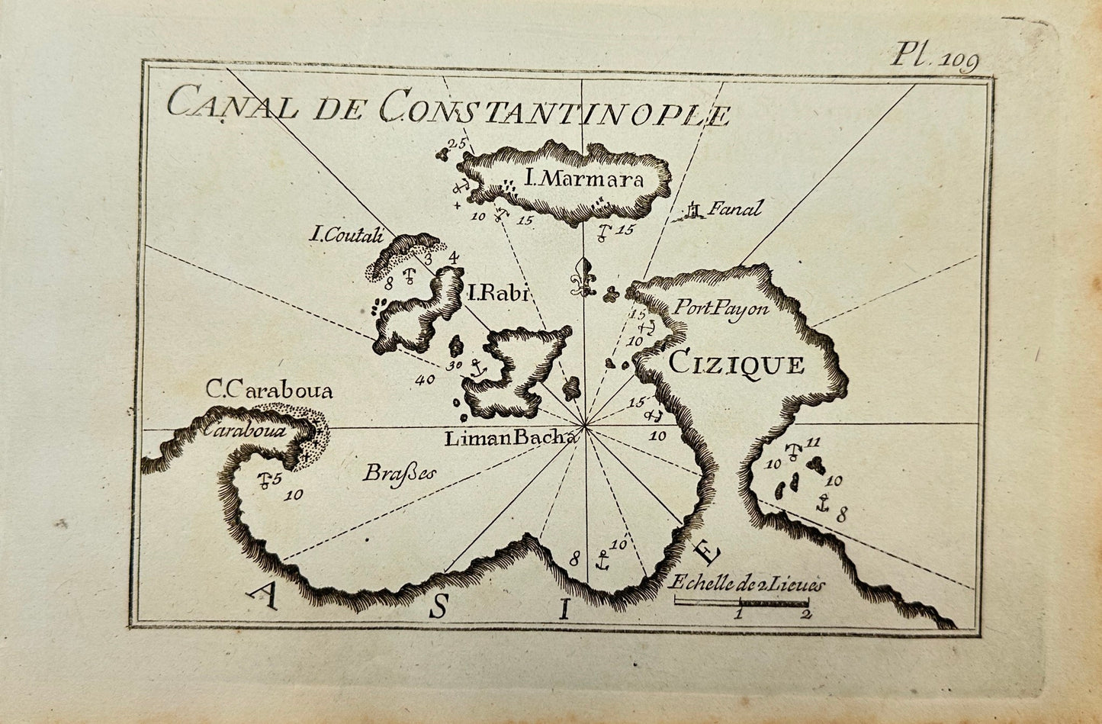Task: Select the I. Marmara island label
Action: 584,181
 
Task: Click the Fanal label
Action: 735,208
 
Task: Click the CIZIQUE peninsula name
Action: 736,364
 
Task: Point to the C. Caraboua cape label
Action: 270,391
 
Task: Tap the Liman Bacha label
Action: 509,438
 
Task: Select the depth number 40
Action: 424,379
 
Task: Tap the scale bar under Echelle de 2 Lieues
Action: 741,603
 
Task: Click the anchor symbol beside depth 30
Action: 477,368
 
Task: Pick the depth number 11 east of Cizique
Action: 812,442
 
